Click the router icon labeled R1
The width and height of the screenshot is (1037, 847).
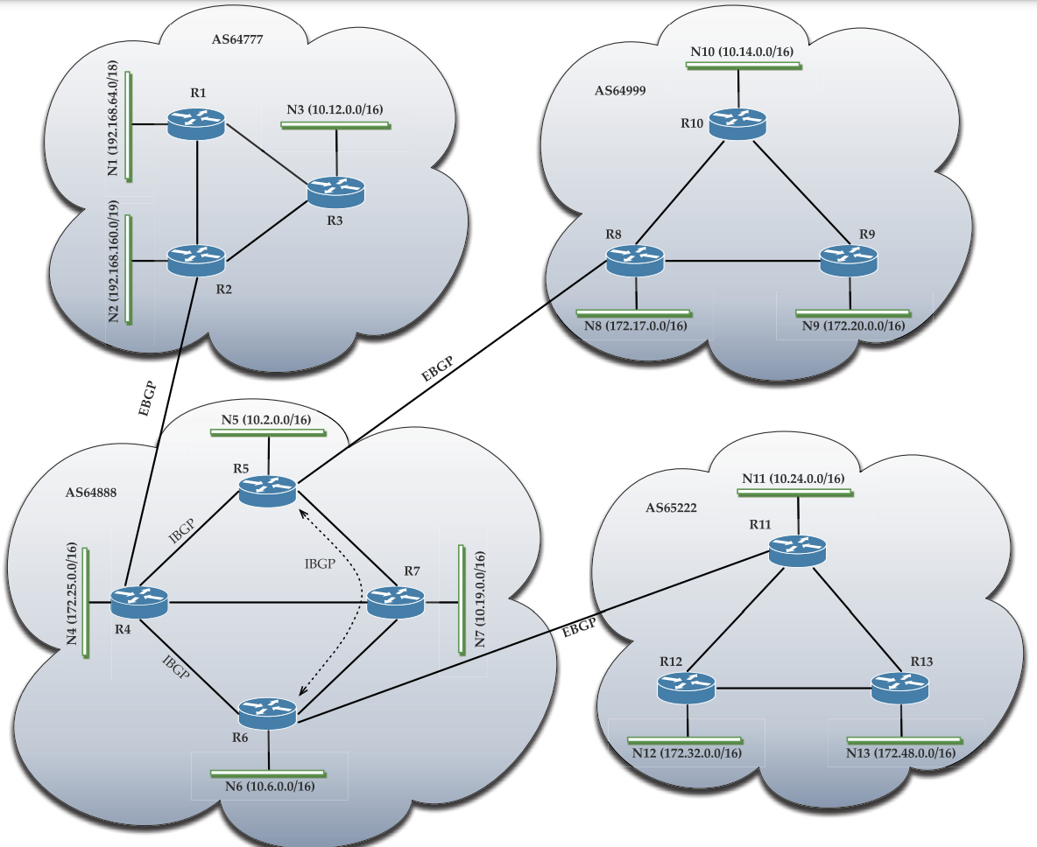(196, 124)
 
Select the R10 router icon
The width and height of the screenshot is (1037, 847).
(738, 122)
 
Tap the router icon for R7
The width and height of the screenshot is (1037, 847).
(396, 602)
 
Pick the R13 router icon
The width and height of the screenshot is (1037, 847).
(900, 689)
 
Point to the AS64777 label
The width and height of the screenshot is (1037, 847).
(237, 38)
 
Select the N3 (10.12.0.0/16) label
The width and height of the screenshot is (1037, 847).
(335, 109)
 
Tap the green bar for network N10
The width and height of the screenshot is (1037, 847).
(743, 66)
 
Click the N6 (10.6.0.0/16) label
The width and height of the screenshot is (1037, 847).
(269, 786)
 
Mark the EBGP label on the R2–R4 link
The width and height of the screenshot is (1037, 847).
(150, 400)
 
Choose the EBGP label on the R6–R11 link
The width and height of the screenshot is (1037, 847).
(579, 626)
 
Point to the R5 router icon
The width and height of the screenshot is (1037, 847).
(268, 491)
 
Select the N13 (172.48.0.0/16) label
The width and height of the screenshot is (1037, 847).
(900, 752)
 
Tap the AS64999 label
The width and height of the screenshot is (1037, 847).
(620, 90)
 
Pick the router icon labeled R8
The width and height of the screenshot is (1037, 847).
(635, 261)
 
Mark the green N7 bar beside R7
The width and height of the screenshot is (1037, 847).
(461, 599)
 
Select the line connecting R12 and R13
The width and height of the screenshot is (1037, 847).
(794, 689)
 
